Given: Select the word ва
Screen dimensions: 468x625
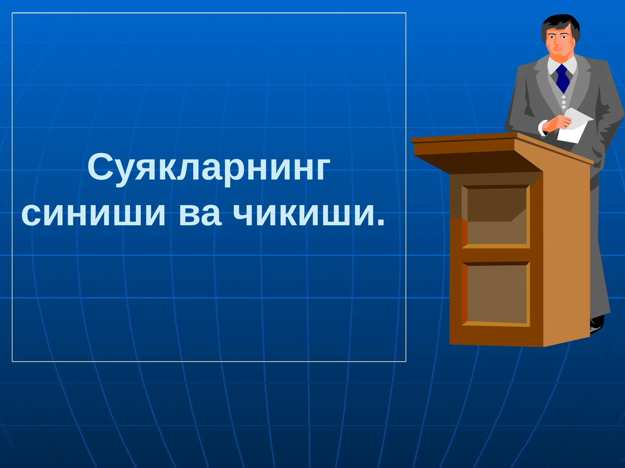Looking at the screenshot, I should (200, 214).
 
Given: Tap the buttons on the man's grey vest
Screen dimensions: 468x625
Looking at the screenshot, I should (564, 102).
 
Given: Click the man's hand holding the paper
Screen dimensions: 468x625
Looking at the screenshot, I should (557, 123).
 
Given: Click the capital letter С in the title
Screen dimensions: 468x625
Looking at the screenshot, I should (100, 167).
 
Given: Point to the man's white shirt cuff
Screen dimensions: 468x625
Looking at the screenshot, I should (542, 128).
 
